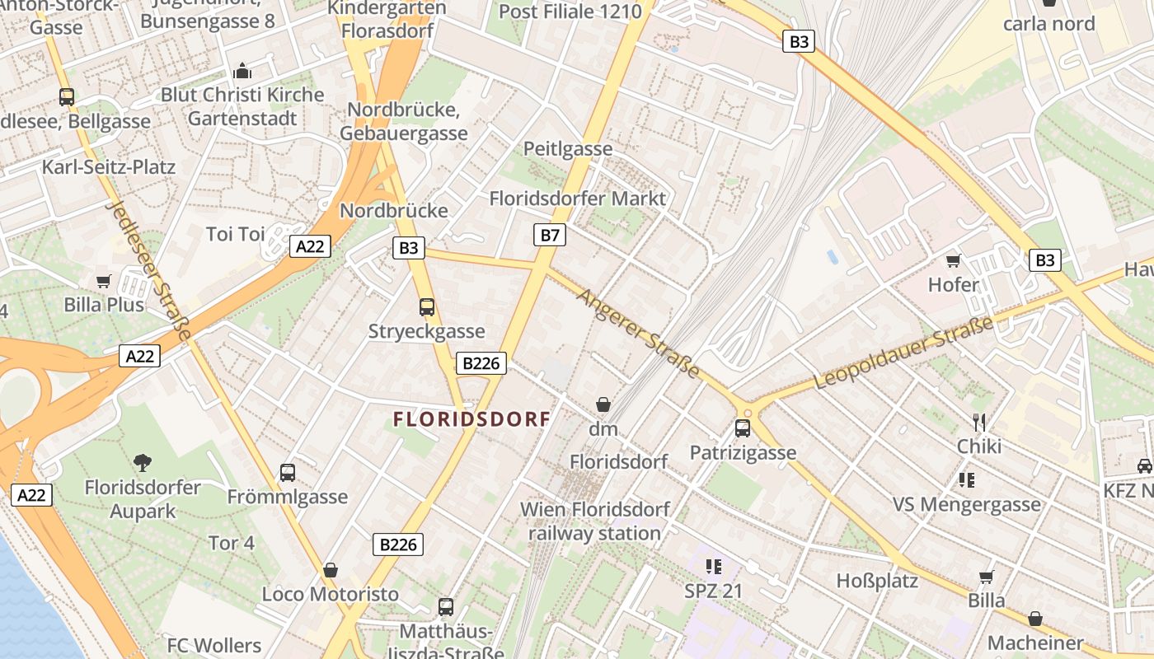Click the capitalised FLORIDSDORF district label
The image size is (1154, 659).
(x=471, y=419)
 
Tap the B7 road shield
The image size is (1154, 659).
(x=550, y=236)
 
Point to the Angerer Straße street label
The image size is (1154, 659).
(x=639, y=333)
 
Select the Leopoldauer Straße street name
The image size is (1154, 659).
(x=903, y=353)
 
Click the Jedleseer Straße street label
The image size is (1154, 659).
(x=149, y=271)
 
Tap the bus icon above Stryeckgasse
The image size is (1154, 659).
(x=426, y=307)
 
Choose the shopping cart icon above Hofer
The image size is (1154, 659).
(x=954, y=261)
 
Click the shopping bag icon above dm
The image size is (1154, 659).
(x=603, y=404)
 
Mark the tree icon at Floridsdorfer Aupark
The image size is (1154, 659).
(x=143, y=463)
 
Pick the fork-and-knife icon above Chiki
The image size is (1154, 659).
(x=979, y=423)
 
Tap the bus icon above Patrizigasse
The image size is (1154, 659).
(x=743, y=428)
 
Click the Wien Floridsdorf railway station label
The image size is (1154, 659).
(x=595, y=521)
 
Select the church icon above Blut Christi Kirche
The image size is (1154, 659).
(x=242, y=70)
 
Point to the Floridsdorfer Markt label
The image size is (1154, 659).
(x=577, y=199)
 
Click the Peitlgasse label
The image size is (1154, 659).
(x=568, y=149)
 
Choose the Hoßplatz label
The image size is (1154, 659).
(x=877, y=581)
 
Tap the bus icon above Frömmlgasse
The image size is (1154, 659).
(x=287, y=473)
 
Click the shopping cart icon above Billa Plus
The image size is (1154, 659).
(x=104, y=282)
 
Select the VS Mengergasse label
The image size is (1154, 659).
(x=967, y=504)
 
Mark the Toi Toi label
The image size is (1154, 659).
(x=236, y=234)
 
